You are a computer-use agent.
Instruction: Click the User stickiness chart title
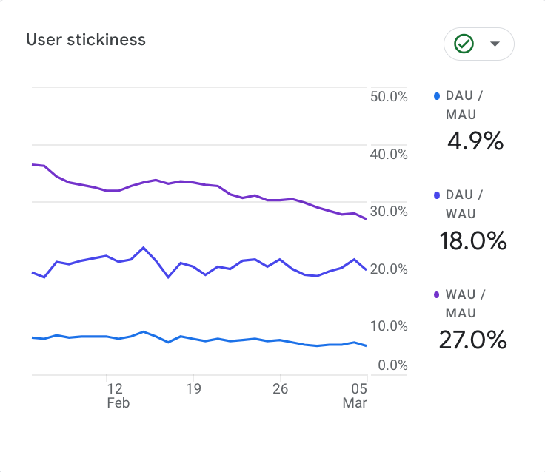point(86,40)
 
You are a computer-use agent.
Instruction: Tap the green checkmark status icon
point(464,44)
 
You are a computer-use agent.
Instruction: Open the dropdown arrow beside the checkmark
point(495,44)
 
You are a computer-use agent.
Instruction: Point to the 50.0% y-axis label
point(388,97)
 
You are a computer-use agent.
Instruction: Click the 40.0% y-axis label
point(388,154)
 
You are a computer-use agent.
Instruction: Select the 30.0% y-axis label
point(388,212)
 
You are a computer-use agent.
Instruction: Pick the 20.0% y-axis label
point(388,269)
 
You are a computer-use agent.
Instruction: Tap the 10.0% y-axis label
point(388,326)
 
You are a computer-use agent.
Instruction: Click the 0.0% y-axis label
point(391,365)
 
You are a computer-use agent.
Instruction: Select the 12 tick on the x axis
point(114,388)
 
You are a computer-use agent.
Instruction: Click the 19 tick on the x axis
point(194,388)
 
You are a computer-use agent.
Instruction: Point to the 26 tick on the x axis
point(280,388)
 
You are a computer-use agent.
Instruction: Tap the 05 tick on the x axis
point(359,388)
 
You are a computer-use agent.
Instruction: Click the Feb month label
point(118,403)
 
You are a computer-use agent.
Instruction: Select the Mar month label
point(355,403)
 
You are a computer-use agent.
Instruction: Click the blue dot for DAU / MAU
point(437,96)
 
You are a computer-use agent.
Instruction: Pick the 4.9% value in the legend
point(475,141)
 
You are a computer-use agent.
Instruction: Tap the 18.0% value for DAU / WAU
point(472,240)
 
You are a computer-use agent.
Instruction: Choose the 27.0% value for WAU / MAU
point(472,340)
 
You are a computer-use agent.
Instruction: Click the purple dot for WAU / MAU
point(437,294)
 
